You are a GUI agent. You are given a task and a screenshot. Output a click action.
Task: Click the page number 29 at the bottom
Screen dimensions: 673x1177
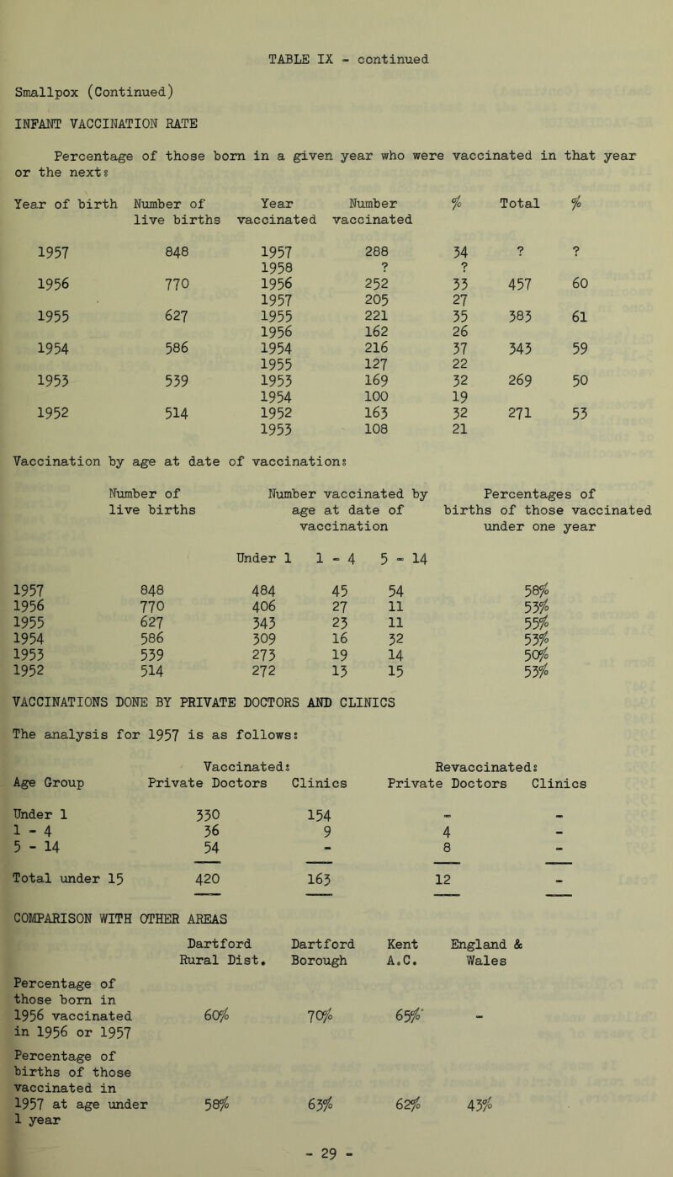(336, 1161)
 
